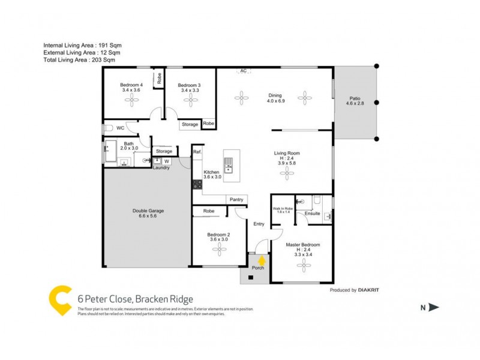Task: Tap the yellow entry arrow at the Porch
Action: pyautogui.click(x=262, y=259)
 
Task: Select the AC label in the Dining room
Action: pyautogui.click(x=243, y=71)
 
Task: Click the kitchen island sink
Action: pyautogui.click(x=229, y=162)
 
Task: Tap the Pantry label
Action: pyautogui.click(x=236, y=199)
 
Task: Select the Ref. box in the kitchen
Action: pyautogui.click(x=197, y=152)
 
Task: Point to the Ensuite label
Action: pyautogui.click(x=313, y=213)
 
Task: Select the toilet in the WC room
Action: pyautogui.click(x=109, y=128)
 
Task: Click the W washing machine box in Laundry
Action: pyautogui.click(x=166, y=161)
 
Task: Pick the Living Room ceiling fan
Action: pyautogui.click(x=288, y=173)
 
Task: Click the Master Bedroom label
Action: pyautogui.click(x=302, y=245)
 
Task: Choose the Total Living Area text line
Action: pyautogui.click(x=79, y=60)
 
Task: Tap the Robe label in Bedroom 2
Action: pyautogui.click(x=209, y=211)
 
